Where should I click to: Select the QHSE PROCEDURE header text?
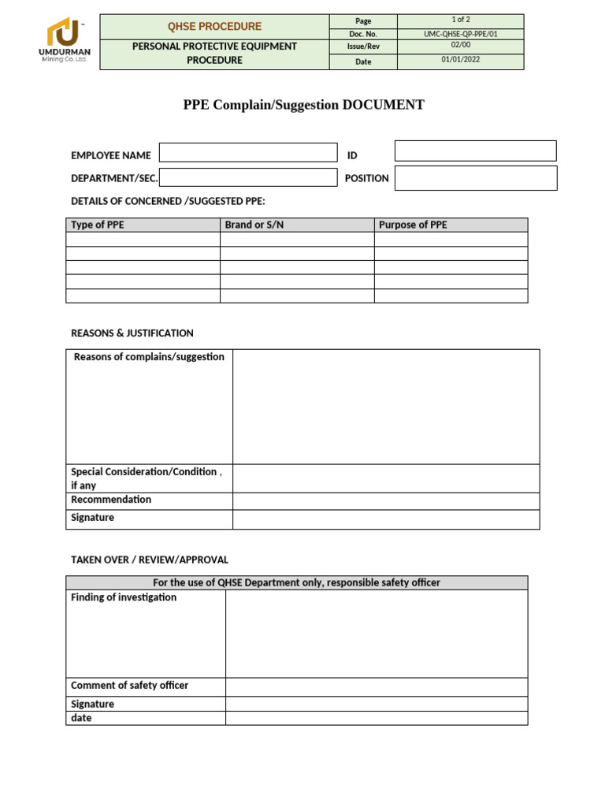(213, 27)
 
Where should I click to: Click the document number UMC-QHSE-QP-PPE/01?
(460, 34)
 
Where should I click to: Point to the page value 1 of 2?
(460, 20)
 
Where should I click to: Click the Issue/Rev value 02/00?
(460, 46)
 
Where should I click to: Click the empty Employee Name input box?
(247, 153)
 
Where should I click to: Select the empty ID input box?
(475, 151)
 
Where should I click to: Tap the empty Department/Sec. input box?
(247, 177)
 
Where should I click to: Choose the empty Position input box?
(475, 178)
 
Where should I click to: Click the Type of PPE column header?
(98, 225)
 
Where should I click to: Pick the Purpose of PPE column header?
(413, 225)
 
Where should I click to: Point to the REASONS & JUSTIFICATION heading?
(132, 333)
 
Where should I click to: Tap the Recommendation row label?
(111, 500)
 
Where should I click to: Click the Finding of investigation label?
(124, 597)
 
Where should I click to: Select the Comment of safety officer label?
(129, 686)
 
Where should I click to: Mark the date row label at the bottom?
(81, 718)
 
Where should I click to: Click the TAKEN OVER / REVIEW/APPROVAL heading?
(150, 560)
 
